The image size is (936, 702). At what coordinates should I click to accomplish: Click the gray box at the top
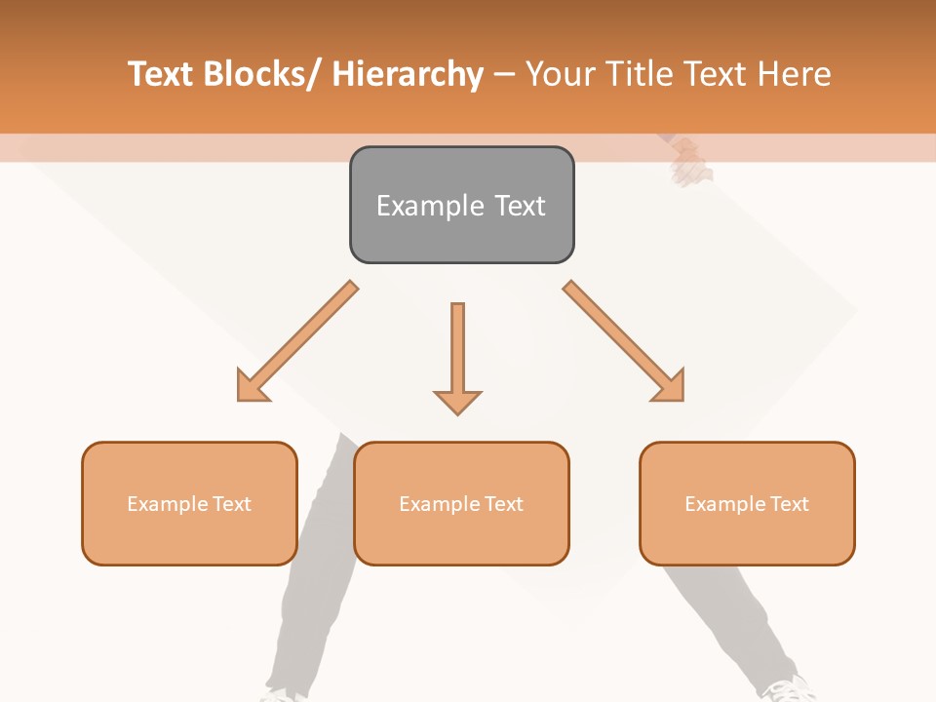pyautogui.click(x=461, y=205)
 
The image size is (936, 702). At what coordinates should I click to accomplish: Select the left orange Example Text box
pyautogui.click(x=189, y=503)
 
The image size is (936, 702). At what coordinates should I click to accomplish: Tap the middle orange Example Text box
pyautogui.click(x=461, y=503)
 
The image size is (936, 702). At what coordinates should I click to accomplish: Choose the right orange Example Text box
pyautogui.click(x=747, y=503)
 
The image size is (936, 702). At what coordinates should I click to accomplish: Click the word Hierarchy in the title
pyautogui.click(x=408, y=74)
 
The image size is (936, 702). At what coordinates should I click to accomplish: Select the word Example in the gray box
pyautogui.click(x=430, y=206)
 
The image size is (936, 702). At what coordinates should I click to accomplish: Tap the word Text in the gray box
pyautogui.click(x=519, y=206)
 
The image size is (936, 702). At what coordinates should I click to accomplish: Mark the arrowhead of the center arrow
pyautogui.click(x=457, y=401)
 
